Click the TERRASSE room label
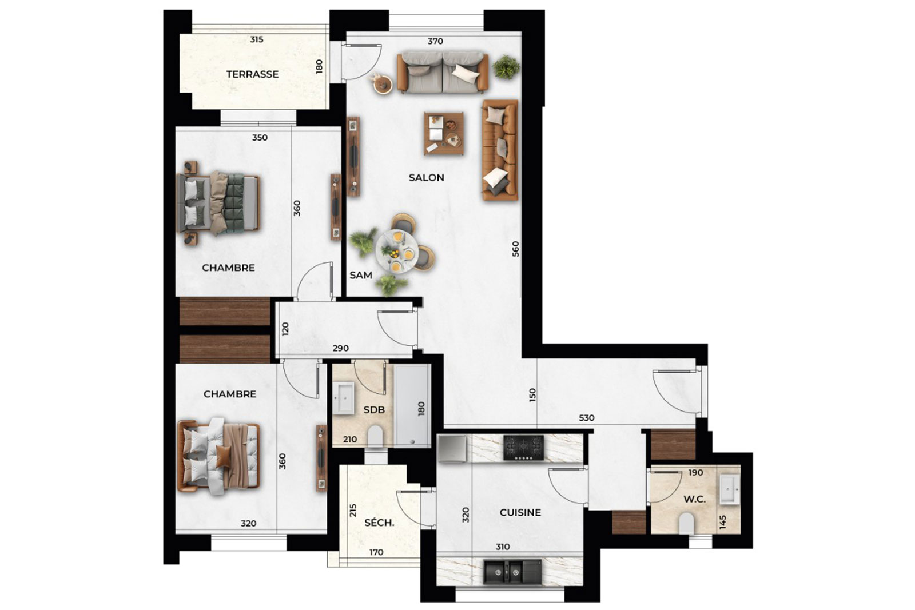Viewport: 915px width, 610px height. tap(252, 74)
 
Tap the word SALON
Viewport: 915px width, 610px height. tap(426, 178)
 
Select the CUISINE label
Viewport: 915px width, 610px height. tap(520, 512)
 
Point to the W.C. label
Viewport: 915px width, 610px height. tap(694, 499)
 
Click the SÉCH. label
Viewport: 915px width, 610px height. tap(379, 523)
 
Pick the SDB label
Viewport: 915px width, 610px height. tap(374, 410)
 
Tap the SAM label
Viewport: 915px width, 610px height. tap(361, 275)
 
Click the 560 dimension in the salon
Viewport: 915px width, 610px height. tap(515, 249)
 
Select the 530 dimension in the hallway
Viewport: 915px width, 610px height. tap(586, 418)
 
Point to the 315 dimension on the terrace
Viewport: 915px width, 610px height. tap(257, 39)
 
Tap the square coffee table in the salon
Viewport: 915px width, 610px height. tap(444, 133)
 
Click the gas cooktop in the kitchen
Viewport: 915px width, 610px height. tap(524, 448)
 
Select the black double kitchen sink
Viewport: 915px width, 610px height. tap(512, 572)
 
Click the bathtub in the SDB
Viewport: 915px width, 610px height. tap(412, 405)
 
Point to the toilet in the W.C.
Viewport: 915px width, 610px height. tap(687, 523)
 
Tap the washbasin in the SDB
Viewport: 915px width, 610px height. tap(343, 398)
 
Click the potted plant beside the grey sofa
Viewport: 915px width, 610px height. tap(506, 67)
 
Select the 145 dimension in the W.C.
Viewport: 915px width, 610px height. tap(723, 522)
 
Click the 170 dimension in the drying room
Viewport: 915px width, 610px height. tap(376, 552)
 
